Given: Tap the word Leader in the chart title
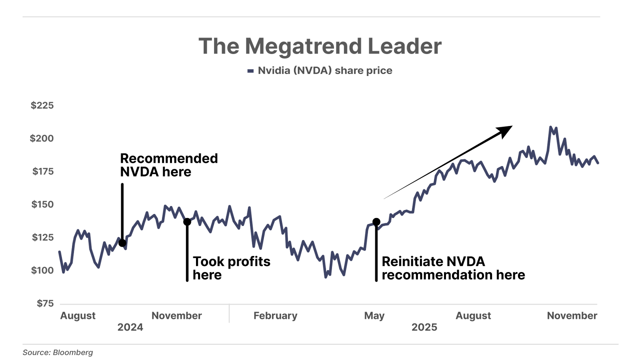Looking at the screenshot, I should click(x=404, y=46).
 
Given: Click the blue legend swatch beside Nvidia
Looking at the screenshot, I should click(x=251, y=71).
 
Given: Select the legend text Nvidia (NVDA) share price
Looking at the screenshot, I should click(x=325, y=71).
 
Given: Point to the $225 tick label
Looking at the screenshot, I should click(x=42, y=106).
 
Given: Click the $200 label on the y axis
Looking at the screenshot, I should click(x=42, y=139).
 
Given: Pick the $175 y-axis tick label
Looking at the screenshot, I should click(x=43, y=172).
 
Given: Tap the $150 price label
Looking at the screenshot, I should click(x=42, y=205).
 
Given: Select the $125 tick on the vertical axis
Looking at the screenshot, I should click(x=42, y=238).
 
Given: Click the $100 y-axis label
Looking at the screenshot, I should click(x=42, y=271).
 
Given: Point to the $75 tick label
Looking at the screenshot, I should click(x=45, y=304).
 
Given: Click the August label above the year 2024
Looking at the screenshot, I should click(x=78, y=316).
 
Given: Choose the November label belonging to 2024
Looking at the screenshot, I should click(x=177, y=316).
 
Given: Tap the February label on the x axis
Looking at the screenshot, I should click(x=276, y=316).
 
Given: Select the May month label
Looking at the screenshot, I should click(x=374, y=316).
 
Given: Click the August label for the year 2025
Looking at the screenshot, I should click(x=473, y=316).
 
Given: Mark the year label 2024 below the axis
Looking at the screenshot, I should click(x=130, y=328).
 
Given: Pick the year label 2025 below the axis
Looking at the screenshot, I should click(x=424, y=328).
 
